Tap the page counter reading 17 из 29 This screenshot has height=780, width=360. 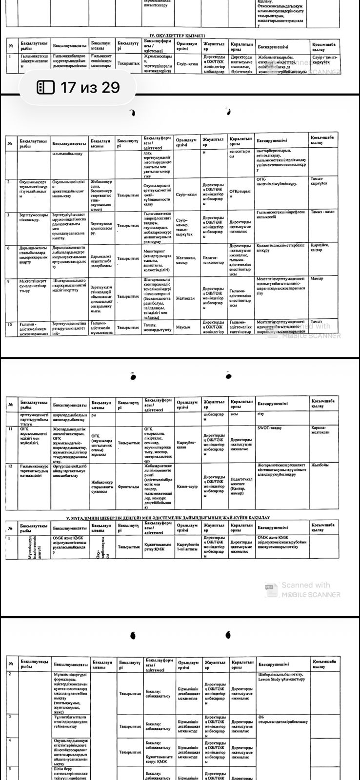(90, 87)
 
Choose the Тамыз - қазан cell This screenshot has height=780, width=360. (323, 212)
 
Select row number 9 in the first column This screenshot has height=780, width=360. (9, 281)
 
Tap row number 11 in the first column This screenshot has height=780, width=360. (10, 428)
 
